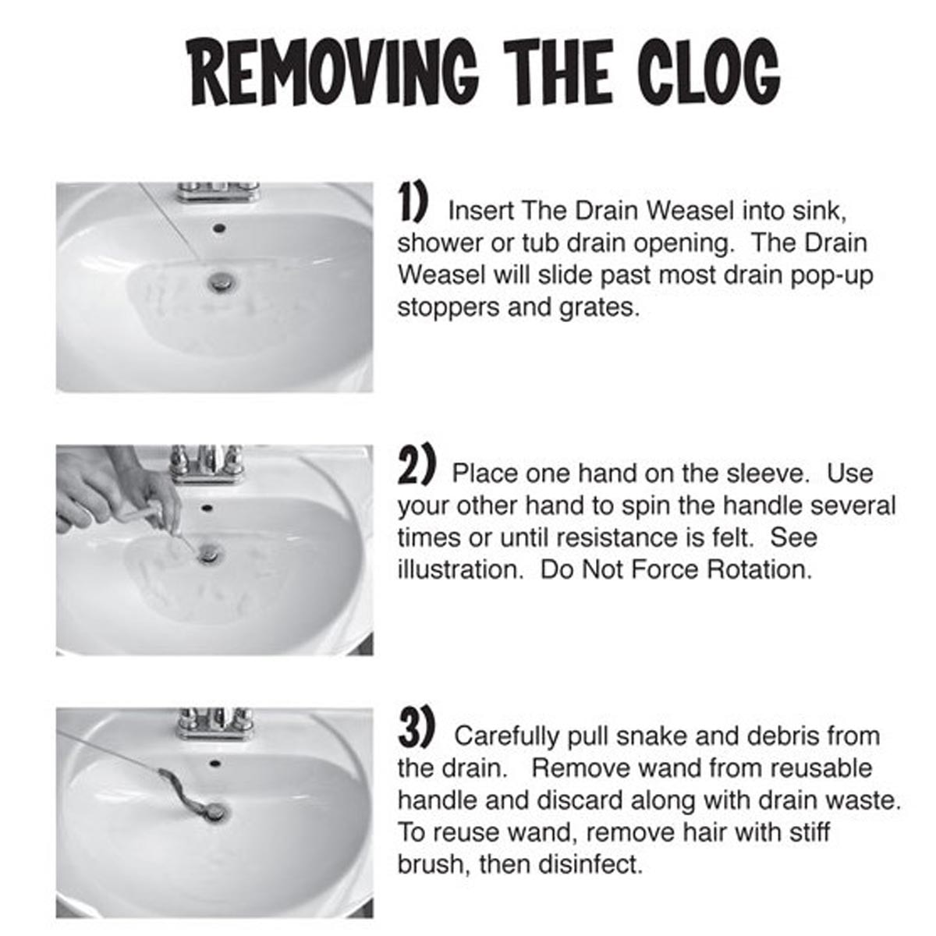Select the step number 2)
click(x=416, y=467)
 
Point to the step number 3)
click(x=417, y=729)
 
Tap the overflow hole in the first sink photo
click(x=219, y=227)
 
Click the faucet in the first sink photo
click(x=218, y=191)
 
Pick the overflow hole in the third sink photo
click(x=213, y=763)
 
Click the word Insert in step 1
click(x=481, y=211)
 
